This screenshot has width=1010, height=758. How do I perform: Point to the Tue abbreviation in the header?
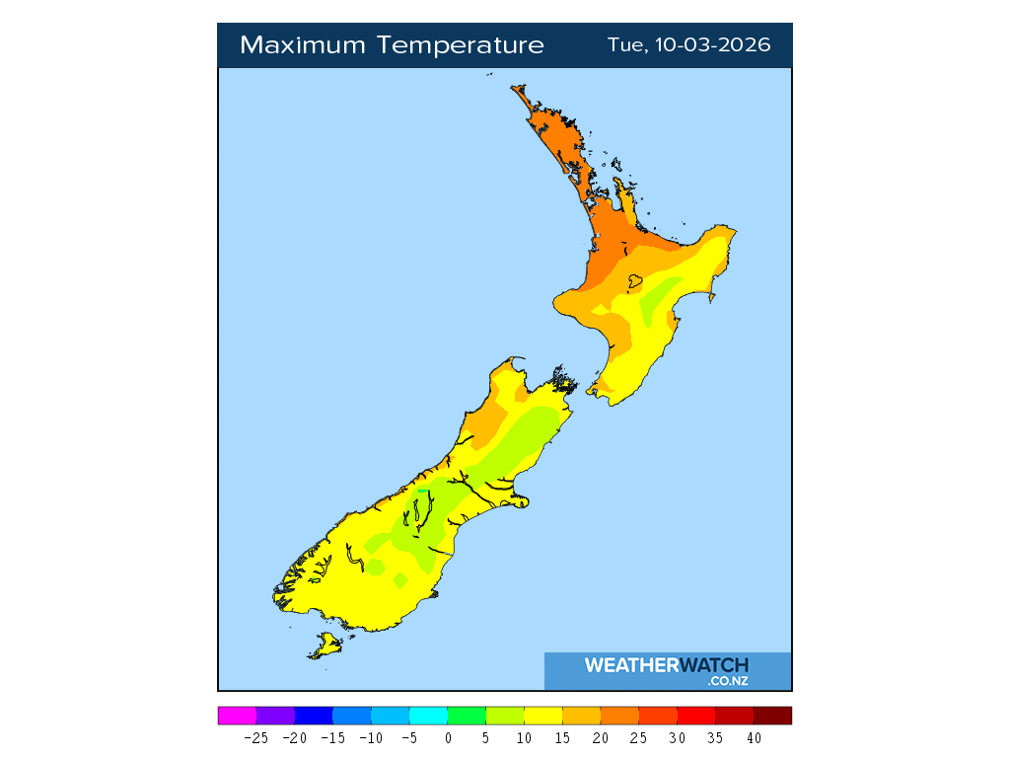625,45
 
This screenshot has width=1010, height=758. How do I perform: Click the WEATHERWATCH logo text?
666,665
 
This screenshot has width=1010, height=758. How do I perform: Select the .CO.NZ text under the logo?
728,681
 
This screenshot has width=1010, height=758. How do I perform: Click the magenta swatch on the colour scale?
237,716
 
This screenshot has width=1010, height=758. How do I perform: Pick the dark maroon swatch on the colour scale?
772,716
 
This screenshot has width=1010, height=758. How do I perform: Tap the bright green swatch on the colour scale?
467,716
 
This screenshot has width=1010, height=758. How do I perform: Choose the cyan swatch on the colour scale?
428,716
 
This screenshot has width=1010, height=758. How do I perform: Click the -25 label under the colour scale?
256,737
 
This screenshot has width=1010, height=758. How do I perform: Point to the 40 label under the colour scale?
754,737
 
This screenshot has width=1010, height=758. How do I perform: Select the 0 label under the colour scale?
448,737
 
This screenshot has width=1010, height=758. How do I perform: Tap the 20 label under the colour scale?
601,737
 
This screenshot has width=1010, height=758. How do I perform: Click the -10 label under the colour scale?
371,737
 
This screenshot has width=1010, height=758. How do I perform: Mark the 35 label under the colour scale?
715,737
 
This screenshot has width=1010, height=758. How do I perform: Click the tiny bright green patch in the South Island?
422,490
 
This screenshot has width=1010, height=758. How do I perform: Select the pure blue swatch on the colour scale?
314,716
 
